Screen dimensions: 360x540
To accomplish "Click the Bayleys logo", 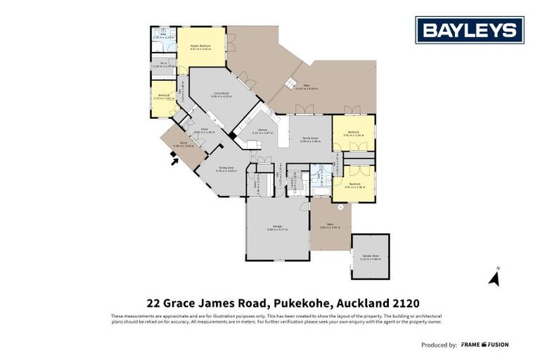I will [470, 30].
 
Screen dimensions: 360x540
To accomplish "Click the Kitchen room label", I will [262, 130].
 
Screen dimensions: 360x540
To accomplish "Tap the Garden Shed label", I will [370, 256].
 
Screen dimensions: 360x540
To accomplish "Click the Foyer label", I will [201, 129].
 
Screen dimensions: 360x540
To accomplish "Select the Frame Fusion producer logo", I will [484, 345].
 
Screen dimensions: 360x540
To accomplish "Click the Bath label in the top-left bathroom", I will [162, 33].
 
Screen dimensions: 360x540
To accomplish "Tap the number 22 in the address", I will [154, 304].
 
